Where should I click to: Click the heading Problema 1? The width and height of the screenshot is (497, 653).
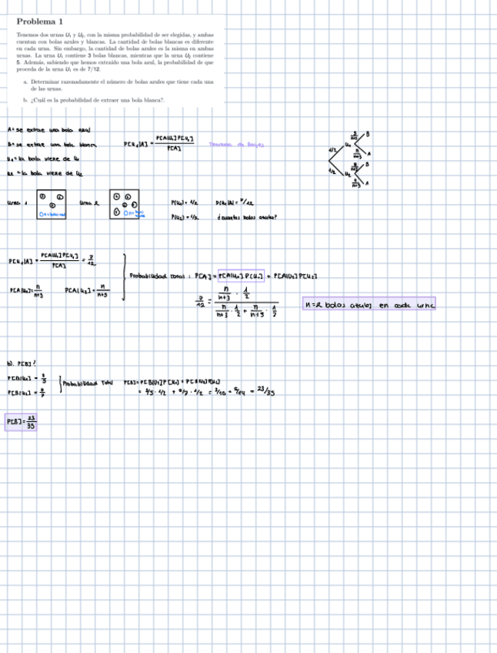pyautogui.click(x=40, y=22)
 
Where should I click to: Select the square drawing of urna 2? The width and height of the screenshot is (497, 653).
pyautogui.click(x=125, y=206)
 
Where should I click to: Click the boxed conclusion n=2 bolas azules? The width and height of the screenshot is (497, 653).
pyautogui.click(x=369, y=305)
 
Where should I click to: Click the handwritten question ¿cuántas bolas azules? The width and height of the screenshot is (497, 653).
pyautogui.click(x=248, y=217)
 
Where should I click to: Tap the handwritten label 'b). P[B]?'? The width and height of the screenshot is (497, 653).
pyautogui.click(x=20, y=361)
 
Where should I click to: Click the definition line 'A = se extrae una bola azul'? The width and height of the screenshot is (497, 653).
pyautogui.click(x=48, y=129)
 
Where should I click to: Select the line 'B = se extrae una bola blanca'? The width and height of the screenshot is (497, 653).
pyautogui.click(x=51, y=143)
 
